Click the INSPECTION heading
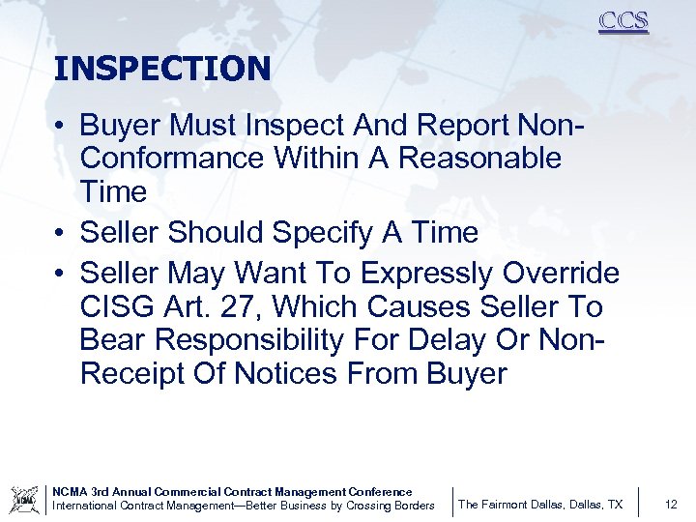(162, 69)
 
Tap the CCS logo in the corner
(623, 21)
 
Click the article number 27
(246, 307)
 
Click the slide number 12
(672, 505)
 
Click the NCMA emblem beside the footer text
(24, 499)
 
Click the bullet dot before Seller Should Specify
(60, 234)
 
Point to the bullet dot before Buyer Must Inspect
(60, 127)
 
